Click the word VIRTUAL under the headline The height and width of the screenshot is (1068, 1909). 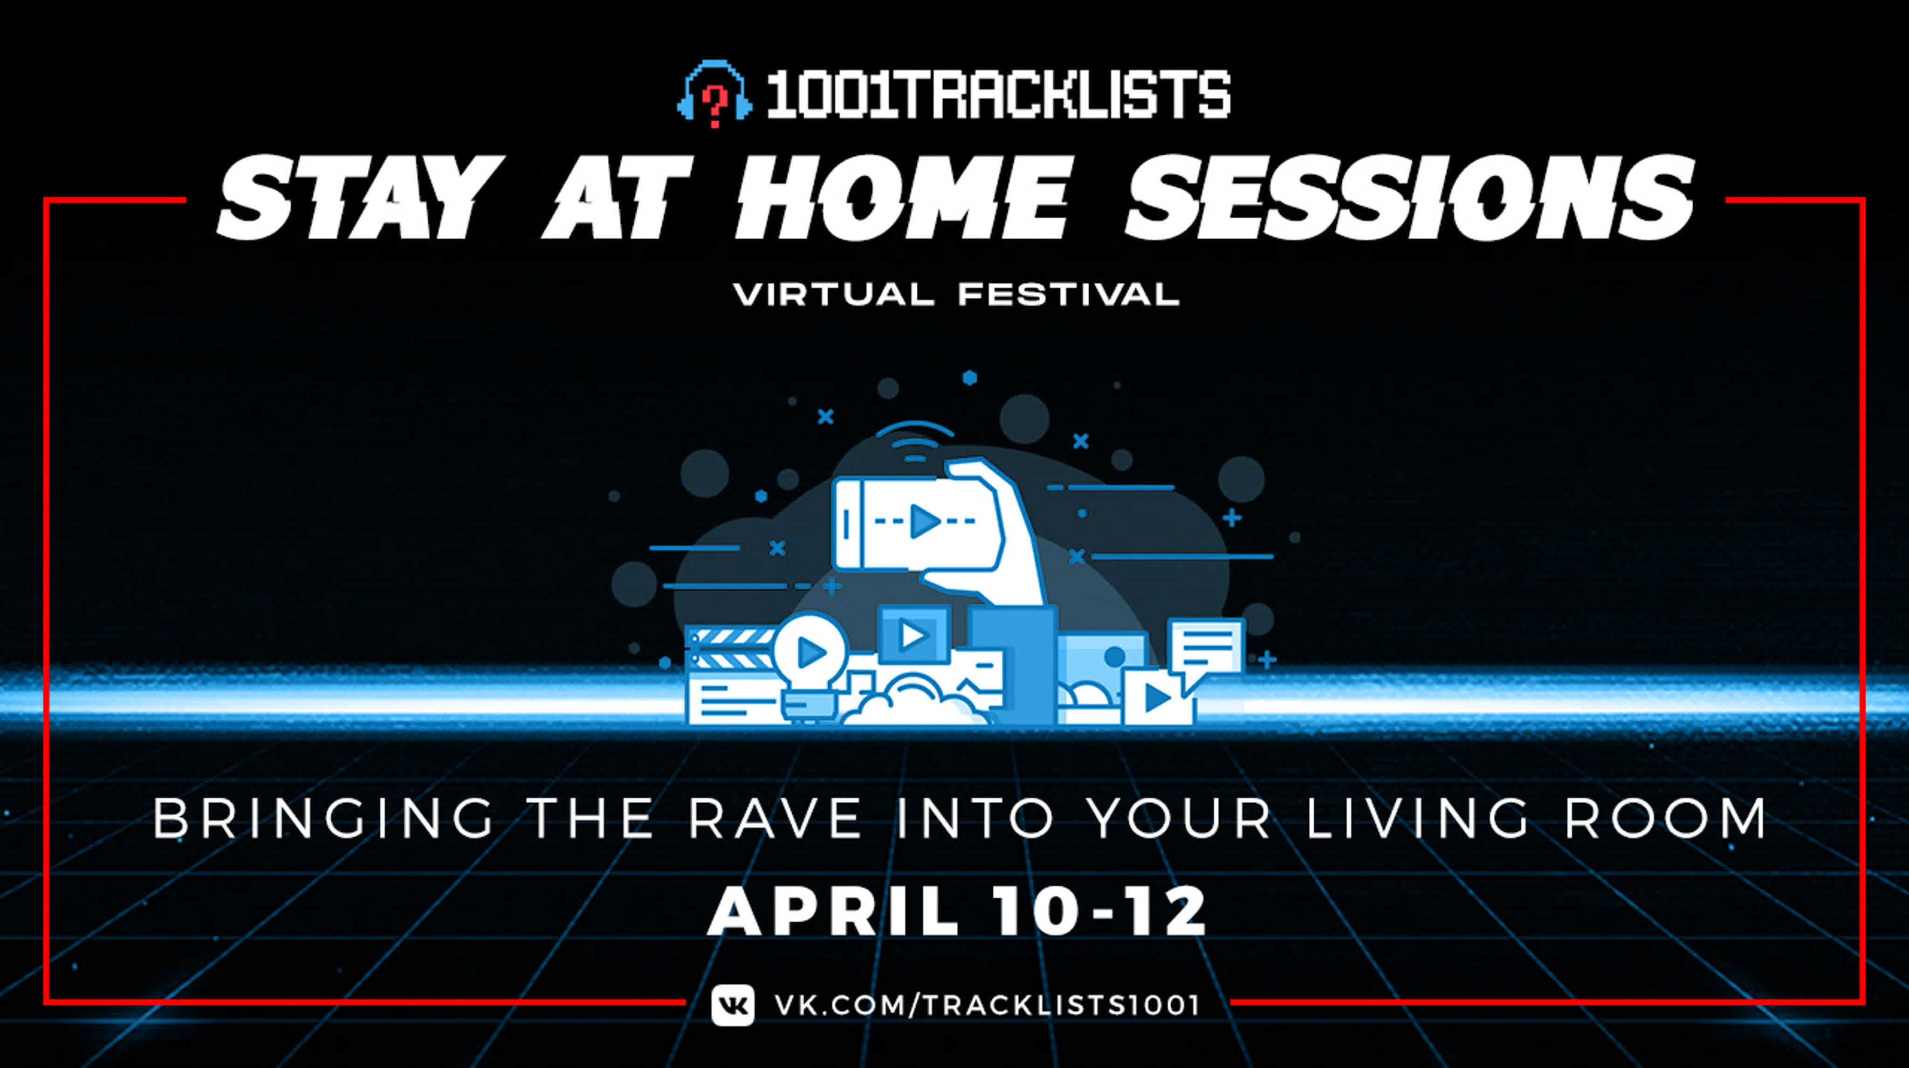point(834,294)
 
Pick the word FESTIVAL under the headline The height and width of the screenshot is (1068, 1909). point(1069,294)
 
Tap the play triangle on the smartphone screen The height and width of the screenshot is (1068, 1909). point(925,521)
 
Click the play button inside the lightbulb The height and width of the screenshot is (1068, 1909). point(811,652)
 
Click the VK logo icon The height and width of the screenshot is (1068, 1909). point(732,1005)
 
